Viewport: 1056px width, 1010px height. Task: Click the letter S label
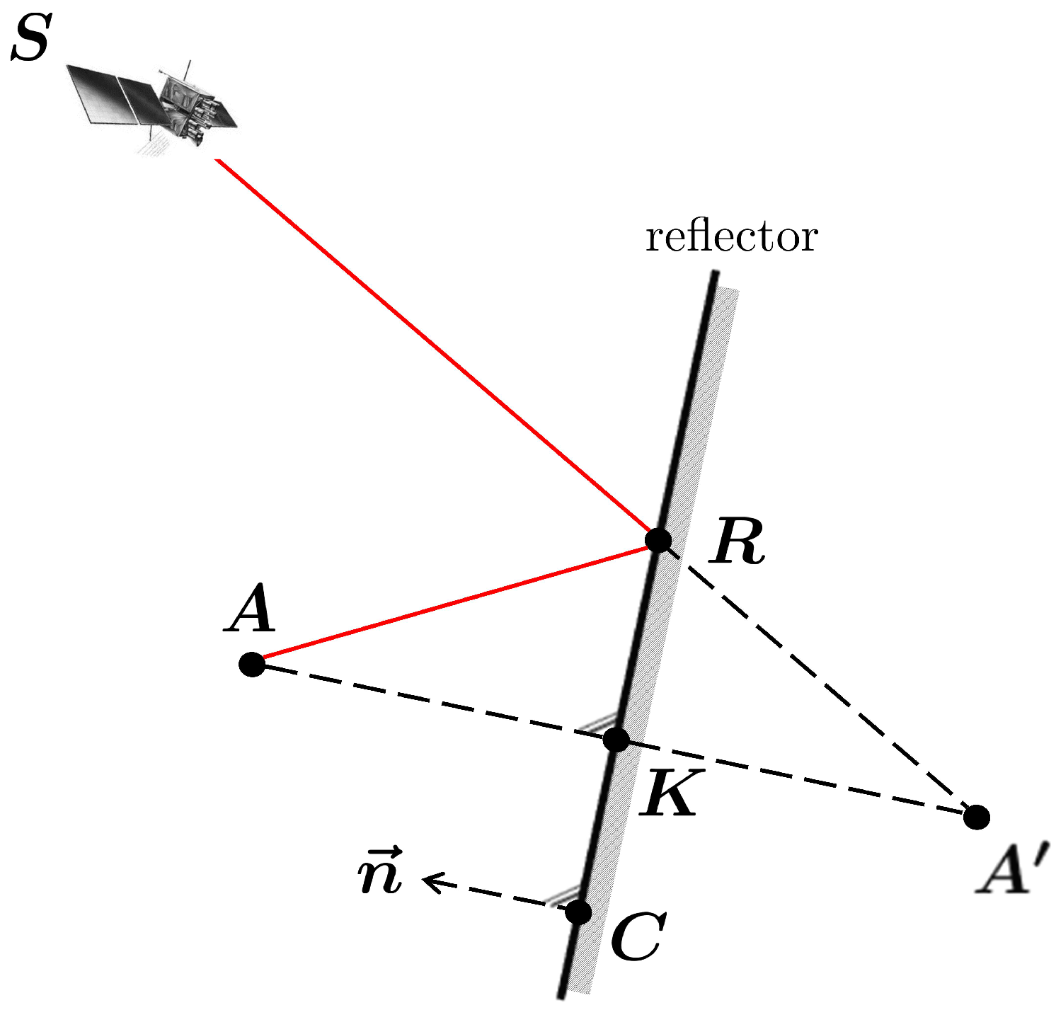[30, 40]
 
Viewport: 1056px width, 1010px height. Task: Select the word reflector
[731, 236]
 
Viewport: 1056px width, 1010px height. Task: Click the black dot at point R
[658, 540]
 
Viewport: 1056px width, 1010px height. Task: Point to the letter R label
[739, 541]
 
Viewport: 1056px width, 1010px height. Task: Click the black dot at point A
[252, 665]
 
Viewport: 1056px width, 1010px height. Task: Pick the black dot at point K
[616, 740]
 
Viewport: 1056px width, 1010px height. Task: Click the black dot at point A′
[977, 817]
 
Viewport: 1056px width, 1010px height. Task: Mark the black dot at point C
[579, 912]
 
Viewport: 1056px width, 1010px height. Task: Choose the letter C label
[638, 936]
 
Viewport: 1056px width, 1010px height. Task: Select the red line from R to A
[453, 603]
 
